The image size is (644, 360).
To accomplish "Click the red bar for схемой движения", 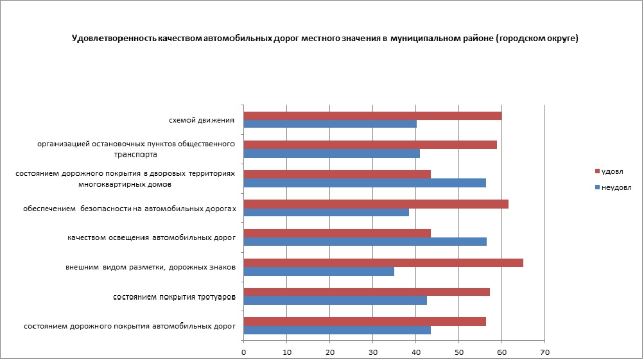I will [x=372, y=116].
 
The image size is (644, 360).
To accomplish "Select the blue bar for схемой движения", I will [x=330, y=124].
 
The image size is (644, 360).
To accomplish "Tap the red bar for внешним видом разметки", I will [x=383, y=262].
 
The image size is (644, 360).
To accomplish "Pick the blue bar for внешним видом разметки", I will [x=319, y=271].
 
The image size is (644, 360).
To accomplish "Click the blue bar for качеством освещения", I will [x=365, y=242].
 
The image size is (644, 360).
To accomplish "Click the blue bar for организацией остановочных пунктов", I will [x=332, y=153].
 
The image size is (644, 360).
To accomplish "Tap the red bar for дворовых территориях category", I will [x=337, y=175].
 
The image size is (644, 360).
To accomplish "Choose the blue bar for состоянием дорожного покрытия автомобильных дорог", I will [x=337, y=330].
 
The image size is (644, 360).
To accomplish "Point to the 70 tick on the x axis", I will [x=544, y=352].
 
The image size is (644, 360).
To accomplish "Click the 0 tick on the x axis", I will [x=244, y=352].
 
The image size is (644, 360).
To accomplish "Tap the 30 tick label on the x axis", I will [x=372, y=352].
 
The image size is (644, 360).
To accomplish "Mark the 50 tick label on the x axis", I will [x=458, y=352].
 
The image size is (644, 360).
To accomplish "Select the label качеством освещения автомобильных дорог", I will [x=152, y=238].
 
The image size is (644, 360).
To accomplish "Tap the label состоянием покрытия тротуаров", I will [x=174, y=297].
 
